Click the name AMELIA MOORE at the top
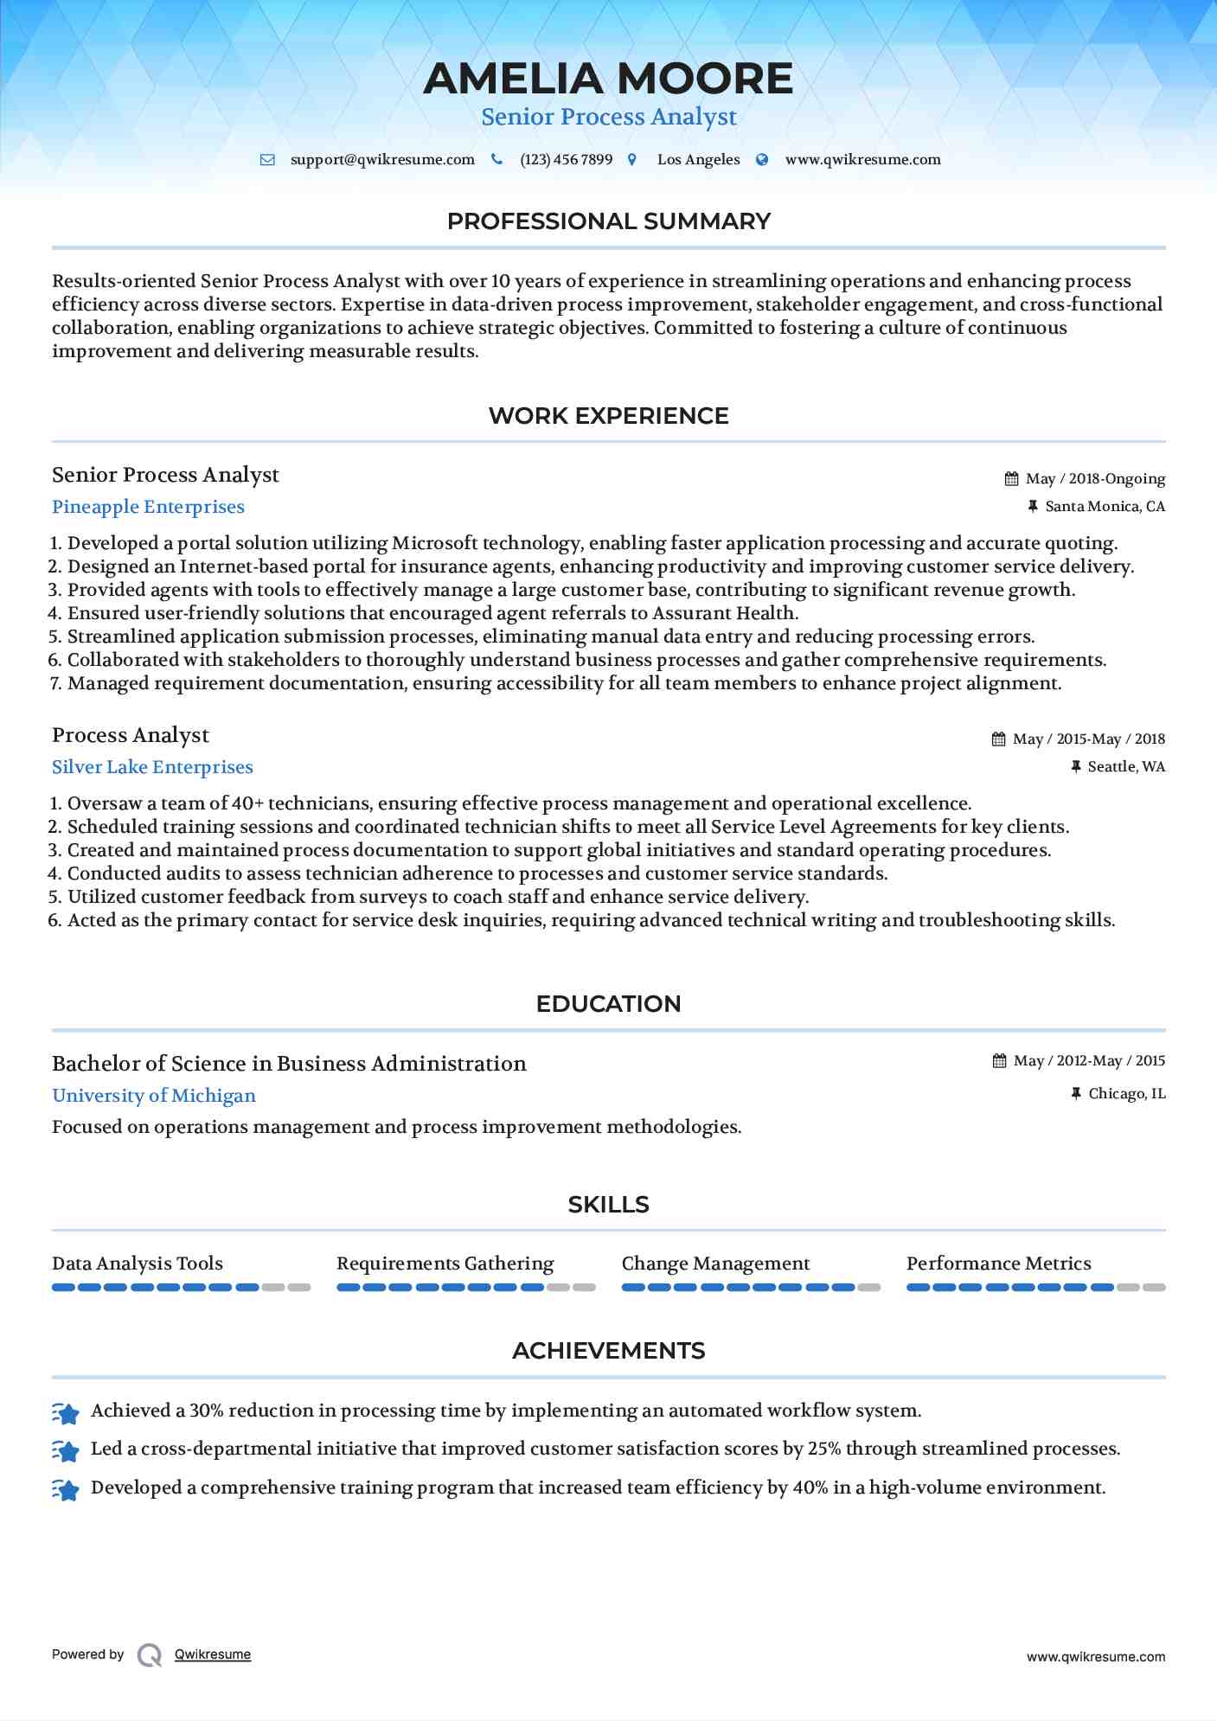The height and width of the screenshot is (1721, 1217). click(x=608, y=79)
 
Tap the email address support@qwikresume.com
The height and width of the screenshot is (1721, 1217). click(x=382, y=160)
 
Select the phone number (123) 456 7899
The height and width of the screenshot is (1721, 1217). click(x=566, y=160)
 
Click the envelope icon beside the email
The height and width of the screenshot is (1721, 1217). click(x=268, y=160)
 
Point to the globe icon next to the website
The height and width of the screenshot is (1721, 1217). click(x=762, y=160)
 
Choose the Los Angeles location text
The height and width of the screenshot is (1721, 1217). click(x=698, y=160)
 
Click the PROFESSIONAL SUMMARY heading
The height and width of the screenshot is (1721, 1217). click(x=608, y=221)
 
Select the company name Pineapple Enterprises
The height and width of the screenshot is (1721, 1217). click(x=148, y=507)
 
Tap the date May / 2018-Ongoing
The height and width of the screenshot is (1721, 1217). click(x=1095, y=479)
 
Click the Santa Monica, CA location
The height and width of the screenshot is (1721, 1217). click(x=1105, y=507)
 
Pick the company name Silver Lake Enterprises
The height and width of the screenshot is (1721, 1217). click(x=152, y=767)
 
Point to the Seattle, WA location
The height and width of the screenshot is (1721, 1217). click(x=1126, y=767)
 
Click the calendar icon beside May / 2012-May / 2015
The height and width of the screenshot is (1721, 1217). click(x=1000, y=1061)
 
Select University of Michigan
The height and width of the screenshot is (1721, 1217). click(x=154, y=1096)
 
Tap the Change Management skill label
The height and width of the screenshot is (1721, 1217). click(x=715, y=1264)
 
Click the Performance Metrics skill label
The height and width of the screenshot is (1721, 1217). click(x=998, y=1264)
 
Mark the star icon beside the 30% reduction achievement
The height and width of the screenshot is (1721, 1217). click(x=66, y=1413)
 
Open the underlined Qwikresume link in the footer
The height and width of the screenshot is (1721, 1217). click(x=213, y=1654)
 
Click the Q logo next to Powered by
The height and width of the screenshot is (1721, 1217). click(x=150, y=1655)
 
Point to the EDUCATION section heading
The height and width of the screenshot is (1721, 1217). click(x=608, y=1004)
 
